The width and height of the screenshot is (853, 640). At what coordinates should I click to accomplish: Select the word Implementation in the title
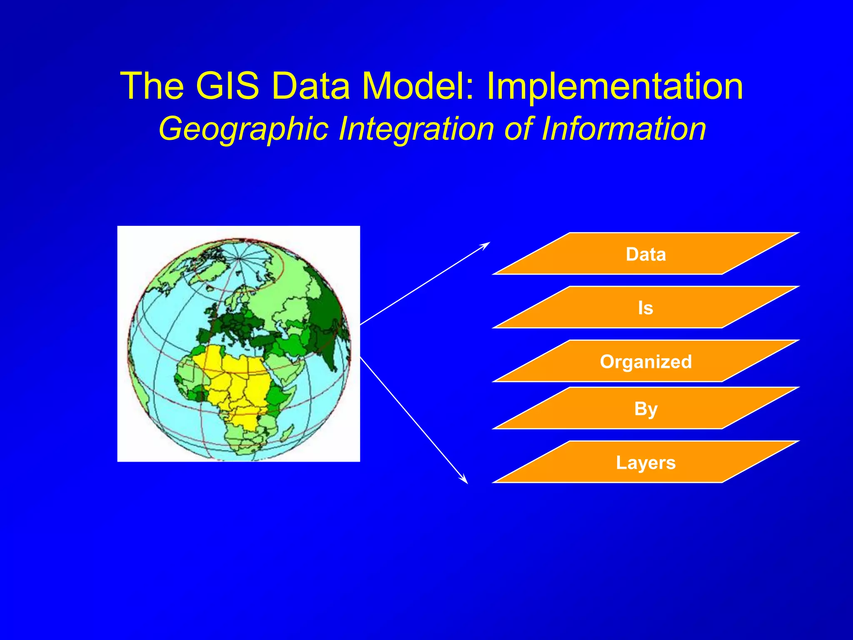614,86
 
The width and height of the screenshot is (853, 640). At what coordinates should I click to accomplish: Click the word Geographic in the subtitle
244,129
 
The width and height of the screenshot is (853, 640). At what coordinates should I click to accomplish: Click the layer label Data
646,254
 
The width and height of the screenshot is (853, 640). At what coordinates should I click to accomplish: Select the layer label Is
646,308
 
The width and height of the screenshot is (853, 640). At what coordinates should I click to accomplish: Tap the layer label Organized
646,361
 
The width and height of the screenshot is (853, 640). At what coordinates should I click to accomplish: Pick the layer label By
646,409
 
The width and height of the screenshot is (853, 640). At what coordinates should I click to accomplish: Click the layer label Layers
646,462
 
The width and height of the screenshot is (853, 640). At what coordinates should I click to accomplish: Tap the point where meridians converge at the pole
239,259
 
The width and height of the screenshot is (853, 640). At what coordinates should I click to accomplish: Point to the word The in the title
152,86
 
